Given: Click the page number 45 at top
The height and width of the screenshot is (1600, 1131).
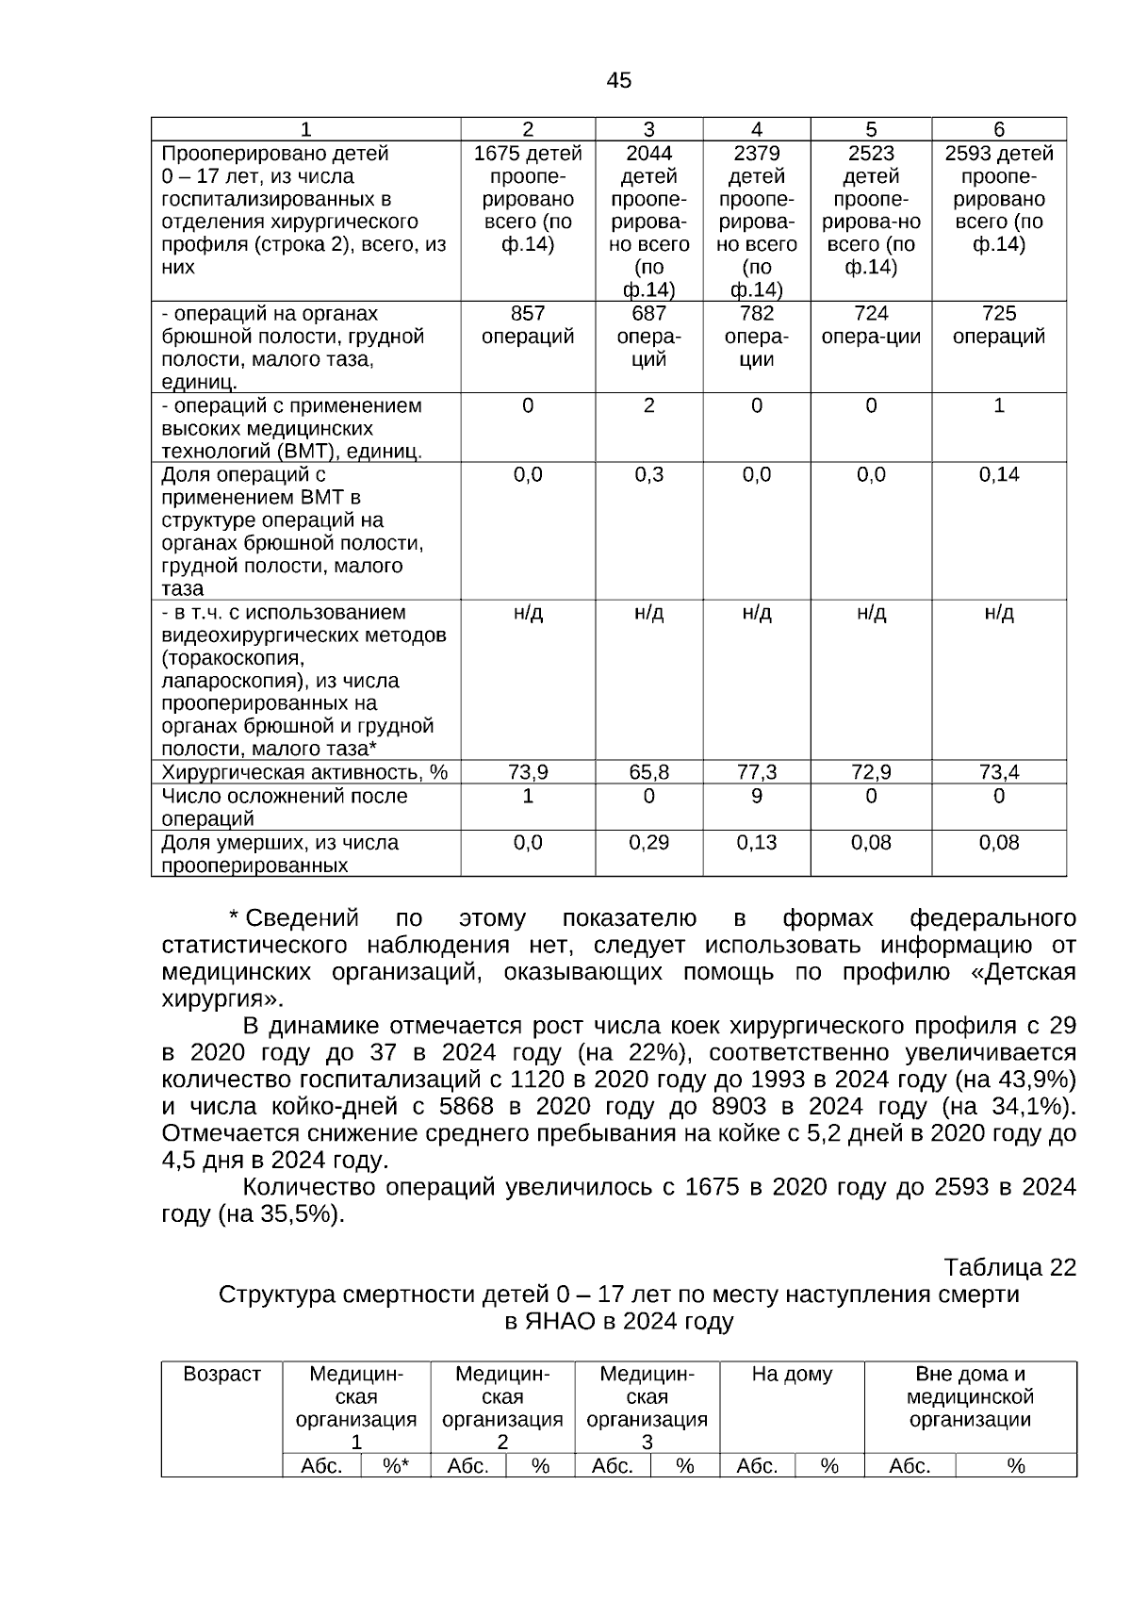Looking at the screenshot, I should click(619, 81).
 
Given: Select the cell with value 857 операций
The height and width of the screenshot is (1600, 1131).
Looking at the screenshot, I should click(528, 325).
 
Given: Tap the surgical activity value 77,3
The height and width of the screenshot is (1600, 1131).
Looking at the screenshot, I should click(757, 772).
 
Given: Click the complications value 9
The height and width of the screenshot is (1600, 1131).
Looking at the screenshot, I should click(757, 796).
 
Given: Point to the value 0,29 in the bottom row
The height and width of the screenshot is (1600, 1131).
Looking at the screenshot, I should click(648, 842).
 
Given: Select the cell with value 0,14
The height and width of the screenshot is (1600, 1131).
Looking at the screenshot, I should click(999, 474).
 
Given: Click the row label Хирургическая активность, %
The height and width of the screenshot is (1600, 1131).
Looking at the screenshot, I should click(304, 772).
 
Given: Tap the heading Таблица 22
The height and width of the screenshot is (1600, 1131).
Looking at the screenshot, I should click(1009, 1267).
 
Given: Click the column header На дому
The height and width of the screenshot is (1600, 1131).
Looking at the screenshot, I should click(792, 1375).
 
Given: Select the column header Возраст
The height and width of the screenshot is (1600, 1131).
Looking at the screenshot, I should click(221, 1375).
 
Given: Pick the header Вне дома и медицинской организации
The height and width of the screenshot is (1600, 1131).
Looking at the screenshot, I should click(970, 1397).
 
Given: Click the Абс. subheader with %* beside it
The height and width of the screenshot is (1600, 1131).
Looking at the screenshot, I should click(321, 1466).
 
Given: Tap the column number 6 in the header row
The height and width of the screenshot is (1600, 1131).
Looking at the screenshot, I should click(999, 129).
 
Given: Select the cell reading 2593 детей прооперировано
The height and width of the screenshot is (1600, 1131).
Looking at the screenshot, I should click(999, 199).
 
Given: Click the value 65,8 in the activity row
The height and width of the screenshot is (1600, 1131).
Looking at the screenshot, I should click(648, 772).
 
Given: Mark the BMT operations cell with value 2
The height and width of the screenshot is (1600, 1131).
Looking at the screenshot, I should click(648, 405).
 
